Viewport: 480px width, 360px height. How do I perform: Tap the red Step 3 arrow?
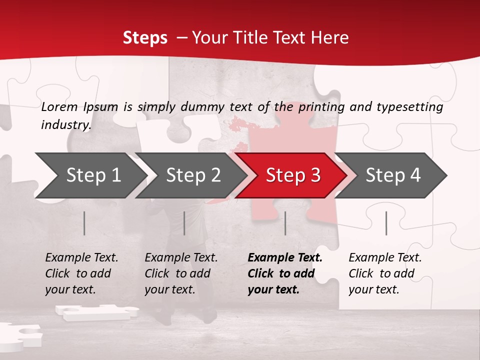tap(293, 175)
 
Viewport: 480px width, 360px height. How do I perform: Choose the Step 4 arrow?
tap(393, 175)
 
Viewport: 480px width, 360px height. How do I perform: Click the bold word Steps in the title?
tap(145, 37)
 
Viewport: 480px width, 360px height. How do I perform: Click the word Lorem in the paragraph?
tap(59, 106)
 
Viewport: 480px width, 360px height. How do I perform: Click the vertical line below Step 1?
tap(84, 223)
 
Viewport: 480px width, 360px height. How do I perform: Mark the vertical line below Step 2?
tap(184, 223)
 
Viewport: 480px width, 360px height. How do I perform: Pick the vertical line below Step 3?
tap(285, 223)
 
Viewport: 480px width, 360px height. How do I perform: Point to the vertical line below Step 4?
tap(386, 223)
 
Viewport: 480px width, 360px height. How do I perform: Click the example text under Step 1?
tap(81, 273)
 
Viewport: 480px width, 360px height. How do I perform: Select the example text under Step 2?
tap(181, 273)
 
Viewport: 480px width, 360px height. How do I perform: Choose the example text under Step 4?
tap(385, 273)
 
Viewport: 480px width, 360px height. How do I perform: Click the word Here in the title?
tap(332, 37)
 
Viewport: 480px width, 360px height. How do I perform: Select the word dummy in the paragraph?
tap(204, 106)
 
